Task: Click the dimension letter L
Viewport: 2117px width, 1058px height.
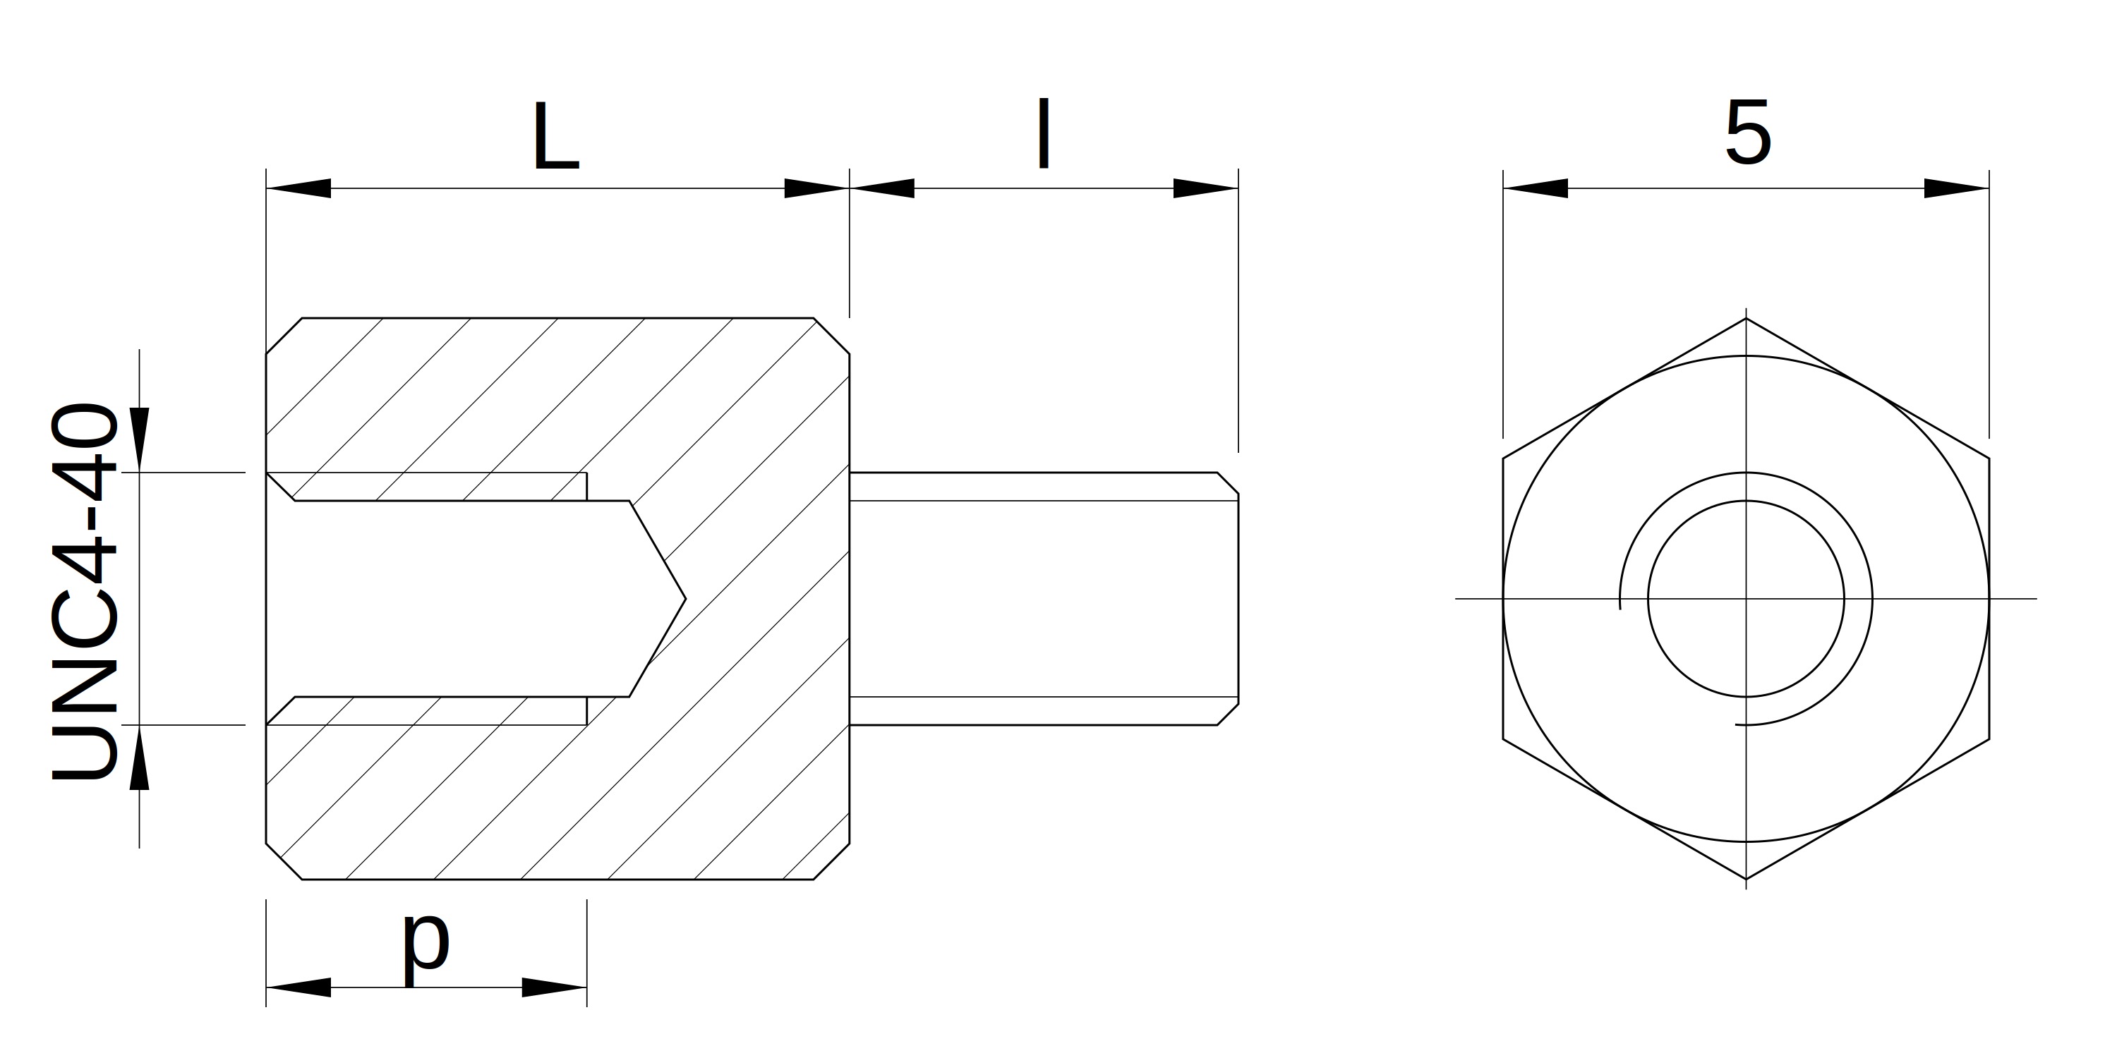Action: (x=556, y=135)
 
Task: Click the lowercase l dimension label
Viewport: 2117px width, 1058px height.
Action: (x=1044, y=133)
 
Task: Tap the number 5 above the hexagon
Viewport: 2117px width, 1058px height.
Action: (x=1747, y=133)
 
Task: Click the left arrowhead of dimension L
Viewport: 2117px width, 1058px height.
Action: (x=298, y=188)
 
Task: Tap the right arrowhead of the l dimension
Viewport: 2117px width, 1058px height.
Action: (x=1205, y=188)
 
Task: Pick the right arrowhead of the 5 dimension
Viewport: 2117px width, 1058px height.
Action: (x=1957, y=188)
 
